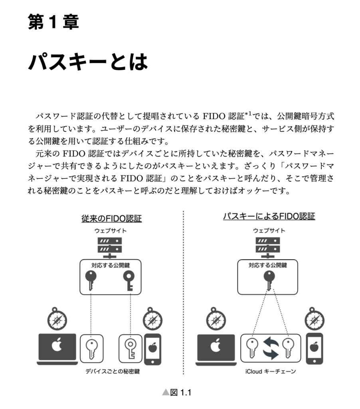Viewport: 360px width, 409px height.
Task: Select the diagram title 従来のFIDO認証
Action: click(111, 218)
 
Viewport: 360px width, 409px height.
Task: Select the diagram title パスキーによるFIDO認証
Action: click(269, 216)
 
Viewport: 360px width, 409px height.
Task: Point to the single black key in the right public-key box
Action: click(268, 281)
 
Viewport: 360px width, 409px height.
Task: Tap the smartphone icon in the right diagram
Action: click(314, 349)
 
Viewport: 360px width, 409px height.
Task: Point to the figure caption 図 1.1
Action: click(177, 393)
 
